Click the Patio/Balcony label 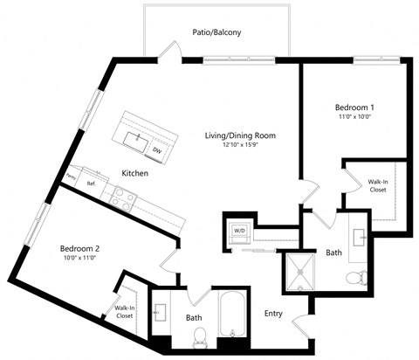[216, 32]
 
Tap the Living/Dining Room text [240, 135]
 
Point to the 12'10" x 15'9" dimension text [240, 145]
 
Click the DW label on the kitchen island [157, 150]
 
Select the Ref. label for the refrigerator [90, 183]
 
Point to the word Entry [275, 313]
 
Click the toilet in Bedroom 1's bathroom [355, 279]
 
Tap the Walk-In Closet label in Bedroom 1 [378, 185]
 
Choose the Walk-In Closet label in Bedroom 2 [124, 311]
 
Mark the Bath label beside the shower [333, 253]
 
